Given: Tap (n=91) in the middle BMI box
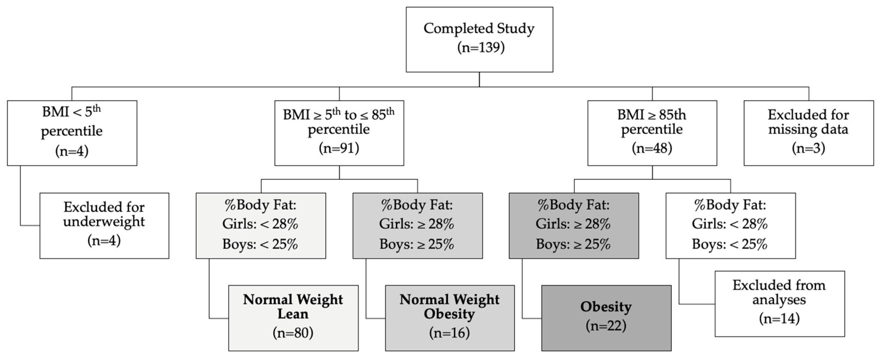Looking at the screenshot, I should click(339, 148).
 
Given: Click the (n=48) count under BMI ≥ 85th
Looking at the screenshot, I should click(652, 148).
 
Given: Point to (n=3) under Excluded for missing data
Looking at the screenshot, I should click(809, 148).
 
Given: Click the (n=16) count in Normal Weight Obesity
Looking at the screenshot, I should click(449, 333).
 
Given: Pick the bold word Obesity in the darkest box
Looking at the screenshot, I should click(606, 307).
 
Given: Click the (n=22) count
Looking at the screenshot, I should click(606, 325).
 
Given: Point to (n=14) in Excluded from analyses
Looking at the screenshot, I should click(779, 319).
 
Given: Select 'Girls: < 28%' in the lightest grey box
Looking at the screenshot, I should click(260, 224).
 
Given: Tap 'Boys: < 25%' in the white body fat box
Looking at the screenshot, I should click(730, 244).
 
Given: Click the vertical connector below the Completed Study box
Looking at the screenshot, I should click(479, 79).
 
